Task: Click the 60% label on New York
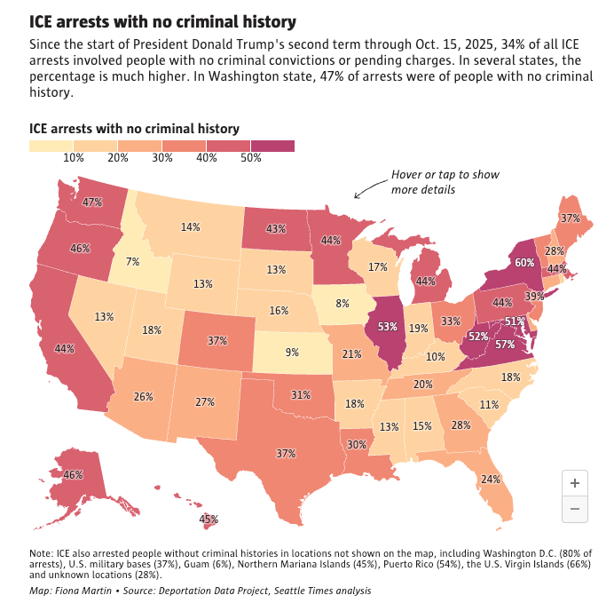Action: (x=524, y=263)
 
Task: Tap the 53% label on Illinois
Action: (x=387, y=327)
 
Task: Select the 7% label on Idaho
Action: (x=132, y=261)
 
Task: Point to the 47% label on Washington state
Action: (x=91, y=202)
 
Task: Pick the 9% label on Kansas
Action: (x=292, y=352)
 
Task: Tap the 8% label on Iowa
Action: (x=342, y=303)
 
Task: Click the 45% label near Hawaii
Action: (x=208, y=519)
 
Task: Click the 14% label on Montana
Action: (x=190, y=227)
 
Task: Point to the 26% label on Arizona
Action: (x=144, y=396)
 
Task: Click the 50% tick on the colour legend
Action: (x=250, y=158)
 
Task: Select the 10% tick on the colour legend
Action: (x=73, y=158)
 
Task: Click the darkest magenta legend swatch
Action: (x=272, y=147)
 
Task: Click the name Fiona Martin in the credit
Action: (x=79, y=590)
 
